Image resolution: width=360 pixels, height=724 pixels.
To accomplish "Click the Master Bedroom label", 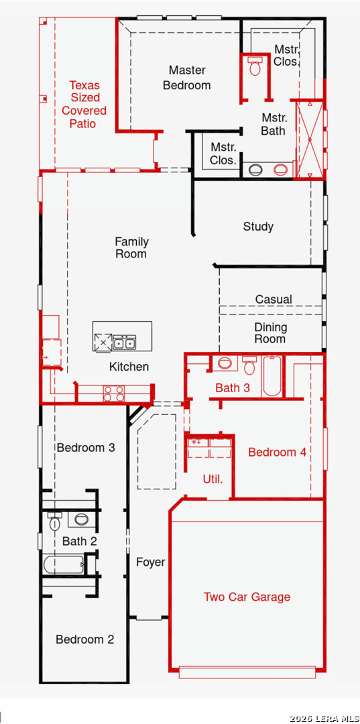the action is click(187, 78).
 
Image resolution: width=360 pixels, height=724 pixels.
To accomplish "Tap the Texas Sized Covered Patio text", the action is click(84, 105).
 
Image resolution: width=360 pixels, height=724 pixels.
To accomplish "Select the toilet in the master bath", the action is click(255, 66).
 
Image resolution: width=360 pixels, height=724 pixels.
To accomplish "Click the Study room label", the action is click(259, 227).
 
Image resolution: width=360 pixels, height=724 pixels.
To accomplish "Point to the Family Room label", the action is click(131, 247).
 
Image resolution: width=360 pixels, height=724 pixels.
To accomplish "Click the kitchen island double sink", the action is click(124, 343).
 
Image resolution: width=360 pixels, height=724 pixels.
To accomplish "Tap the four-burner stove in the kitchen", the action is click(113, 394).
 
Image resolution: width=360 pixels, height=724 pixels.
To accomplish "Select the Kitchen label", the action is click(129, 367).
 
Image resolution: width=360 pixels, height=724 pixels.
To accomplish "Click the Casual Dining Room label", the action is click(272, 319).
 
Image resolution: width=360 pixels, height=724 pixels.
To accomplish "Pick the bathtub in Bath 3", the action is click(272, 376).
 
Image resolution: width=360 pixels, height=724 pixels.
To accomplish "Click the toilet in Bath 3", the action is click(249, 365).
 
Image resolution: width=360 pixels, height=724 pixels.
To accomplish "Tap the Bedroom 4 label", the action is click(277, 452).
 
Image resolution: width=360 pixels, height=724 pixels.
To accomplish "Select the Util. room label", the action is click(213, 479).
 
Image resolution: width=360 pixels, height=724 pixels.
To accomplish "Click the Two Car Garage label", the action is click(247, 597).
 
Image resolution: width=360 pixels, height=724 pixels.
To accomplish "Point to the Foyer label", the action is click(150, 562).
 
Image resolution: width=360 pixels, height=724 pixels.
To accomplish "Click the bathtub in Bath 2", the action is click(64, 564).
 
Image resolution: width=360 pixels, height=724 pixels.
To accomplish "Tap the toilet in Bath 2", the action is click(55, 522).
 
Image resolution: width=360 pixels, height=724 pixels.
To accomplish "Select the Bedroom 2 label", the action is click(85, 640).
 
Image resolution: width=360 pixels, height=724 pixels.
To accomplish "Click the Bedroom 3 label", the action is click(86, 447).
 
